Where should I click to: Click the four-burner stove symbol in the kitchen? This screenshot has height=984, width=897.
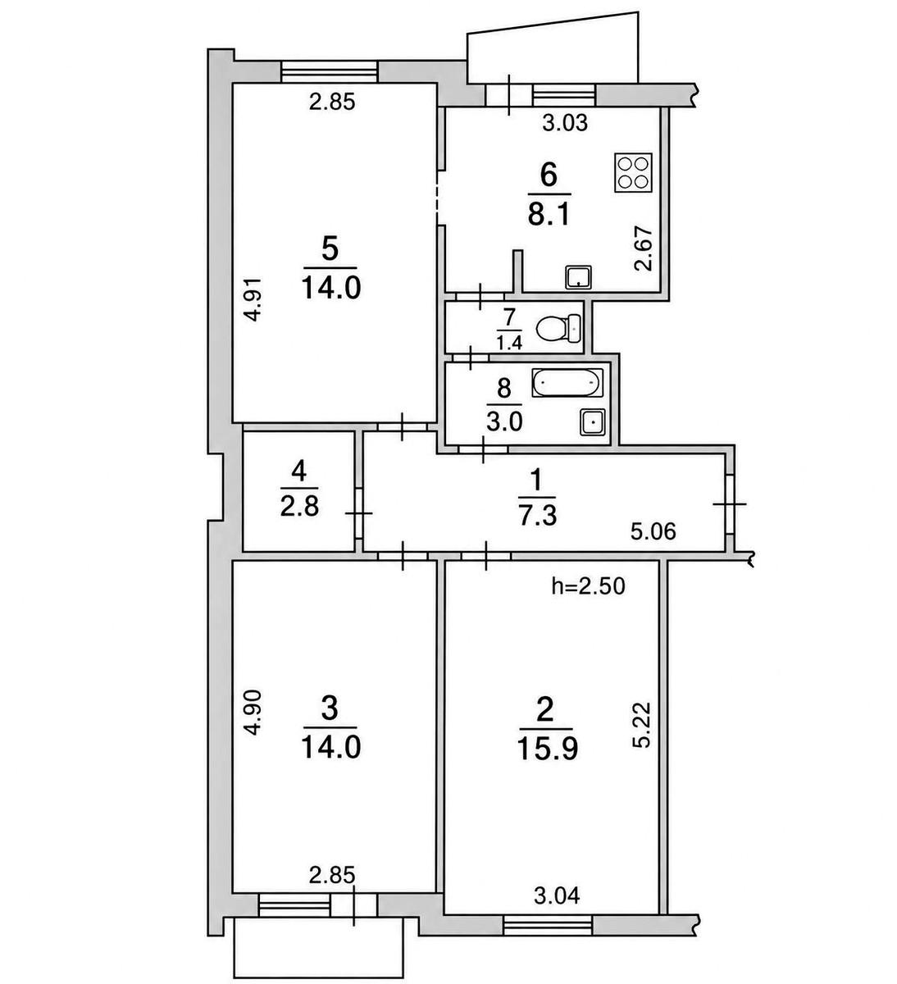pyautogui.click(x=633, y=173)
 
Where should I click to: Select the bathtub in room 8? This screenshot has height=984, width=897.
pyautogui.click(x=567, y=383)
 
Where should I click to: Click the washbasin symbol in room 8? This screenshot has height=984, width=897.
pyautogui.click(x=592, y=421)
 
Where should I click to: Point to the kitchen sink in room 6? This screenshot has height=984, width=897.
pyautogui.click(x=579, y=278)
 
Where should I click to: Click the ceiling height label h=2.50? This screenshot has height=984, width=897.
pyautogui.click(x=588, y=586)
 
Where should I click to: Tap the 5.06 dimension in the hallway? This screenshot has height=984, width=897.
pyautogui.click(x=653, y=531)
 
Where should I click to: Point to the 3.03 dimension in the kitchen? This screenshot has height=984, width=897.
pyautogui.click(x=565, y=123)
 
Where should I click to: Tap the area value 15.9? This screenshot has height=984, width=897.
pyautogui.click(x=547, y=749)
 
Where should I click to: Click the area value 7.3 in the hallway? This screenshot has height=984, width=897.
pyautogui.click(x=537, y=517)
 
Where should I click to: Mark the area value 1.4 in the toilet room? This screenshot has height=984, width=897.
pyautogui.click(x=509, y=343)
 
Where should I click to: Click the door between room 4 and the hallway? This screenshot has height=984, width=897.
pyautogui.click(x=358, y=512)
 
